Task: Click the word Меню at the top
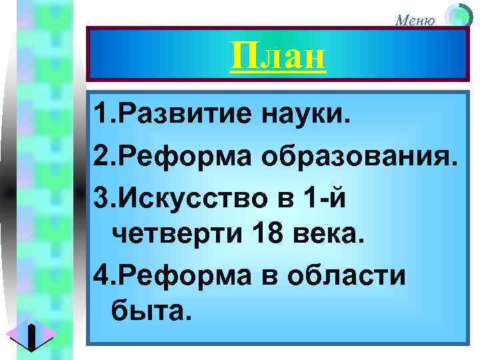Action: [416, 19]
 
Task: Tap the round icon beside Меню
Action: [458, 16]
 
